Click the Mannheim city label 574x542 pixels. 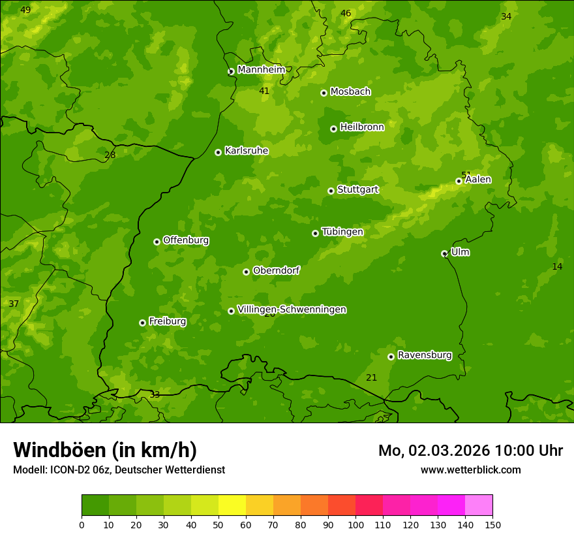click(x=261, y=70)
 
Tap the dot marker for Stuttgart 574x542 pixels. click(x=331, y=191)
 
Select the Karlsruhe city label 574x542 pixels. click(x=246, y=151)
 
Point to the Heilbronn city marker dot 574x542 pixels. click(x=333, y=129)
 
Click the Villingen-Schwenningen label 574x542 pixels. click(x=292, y=310)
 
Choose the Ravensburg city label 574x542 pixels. click(x=424, y=355)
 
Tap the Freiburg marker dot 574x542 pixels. click(x=142, y=323)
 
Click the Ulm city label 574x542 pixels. click(x=460, y=252)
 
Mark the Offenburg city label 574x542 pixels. click(x=185, y=240)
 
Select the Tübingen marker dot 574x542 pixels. click(x=315, y=233)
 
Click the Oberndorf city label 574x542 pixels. click(x=276, y=270)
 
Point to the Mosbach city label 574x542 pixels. click(x=350, y=92)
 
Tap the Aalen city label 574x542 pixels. click(x=478, y=180)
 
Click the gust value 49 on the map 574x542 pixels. click(x=25, y=10)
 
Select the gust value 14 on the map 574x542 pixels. click(x=557, y=266)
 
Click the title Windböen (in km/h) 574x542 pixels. click(x=105, y=450)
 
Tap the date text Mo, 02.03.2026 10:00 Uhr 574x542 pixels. click(x=470, y=451)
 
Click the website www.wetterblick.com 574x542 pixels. click(x=470, y=470)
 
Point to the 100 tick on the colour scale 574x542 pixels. click(x=355, y=524)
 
